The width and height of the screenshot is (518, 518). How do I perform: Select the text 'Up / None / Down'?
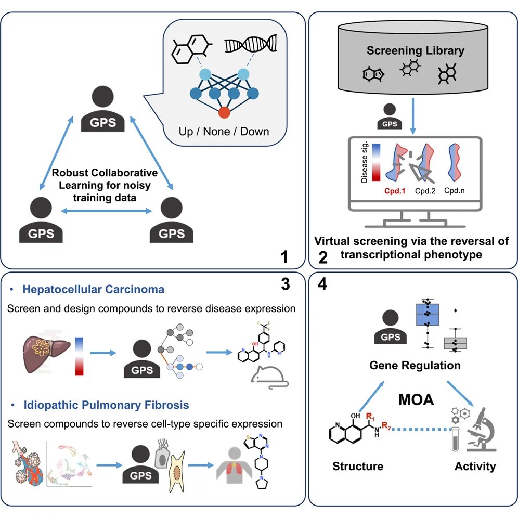click(224, 131)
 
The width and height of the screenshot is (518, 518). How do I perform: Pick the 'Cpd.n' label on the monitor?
click(455, 191)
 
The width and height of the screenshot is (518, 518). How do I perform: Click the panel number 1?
click(284, 256)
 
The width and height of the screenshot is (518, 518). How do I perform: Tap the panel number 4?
click(322, 286)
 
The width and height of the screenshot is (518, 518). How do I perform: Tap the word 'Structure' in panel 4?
click(357, 466)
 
